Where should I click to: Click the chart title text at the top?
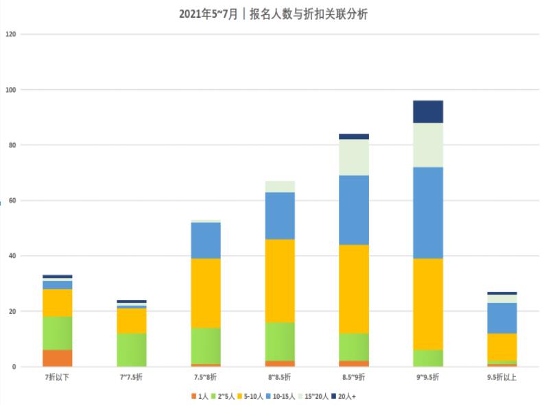click(x=273, y=14)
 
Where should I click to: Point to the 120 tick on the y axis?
click(x=9, y=34)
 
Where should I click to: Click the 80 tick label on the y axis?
click(x=9, y=145)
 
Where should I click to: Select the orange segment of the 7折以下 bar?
click(x=58, y=358)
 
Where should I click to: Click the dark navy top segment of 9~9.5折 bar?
click(x=427, y=112)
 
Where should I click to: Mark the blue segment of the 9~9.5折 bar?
click(x=427, y=212)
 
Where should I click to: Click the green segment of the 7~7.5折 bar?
click(x=132, y=350)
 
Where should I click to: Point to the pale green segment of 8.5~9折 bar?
click(x=353, y=158)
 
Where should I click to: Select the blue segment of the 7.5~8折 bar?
click(x=206, y=241)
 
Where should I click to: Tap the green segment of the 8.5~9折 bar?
click(x=353, y=347)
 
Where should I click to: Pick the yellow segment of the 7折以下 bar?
click(x=58, y=303)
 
